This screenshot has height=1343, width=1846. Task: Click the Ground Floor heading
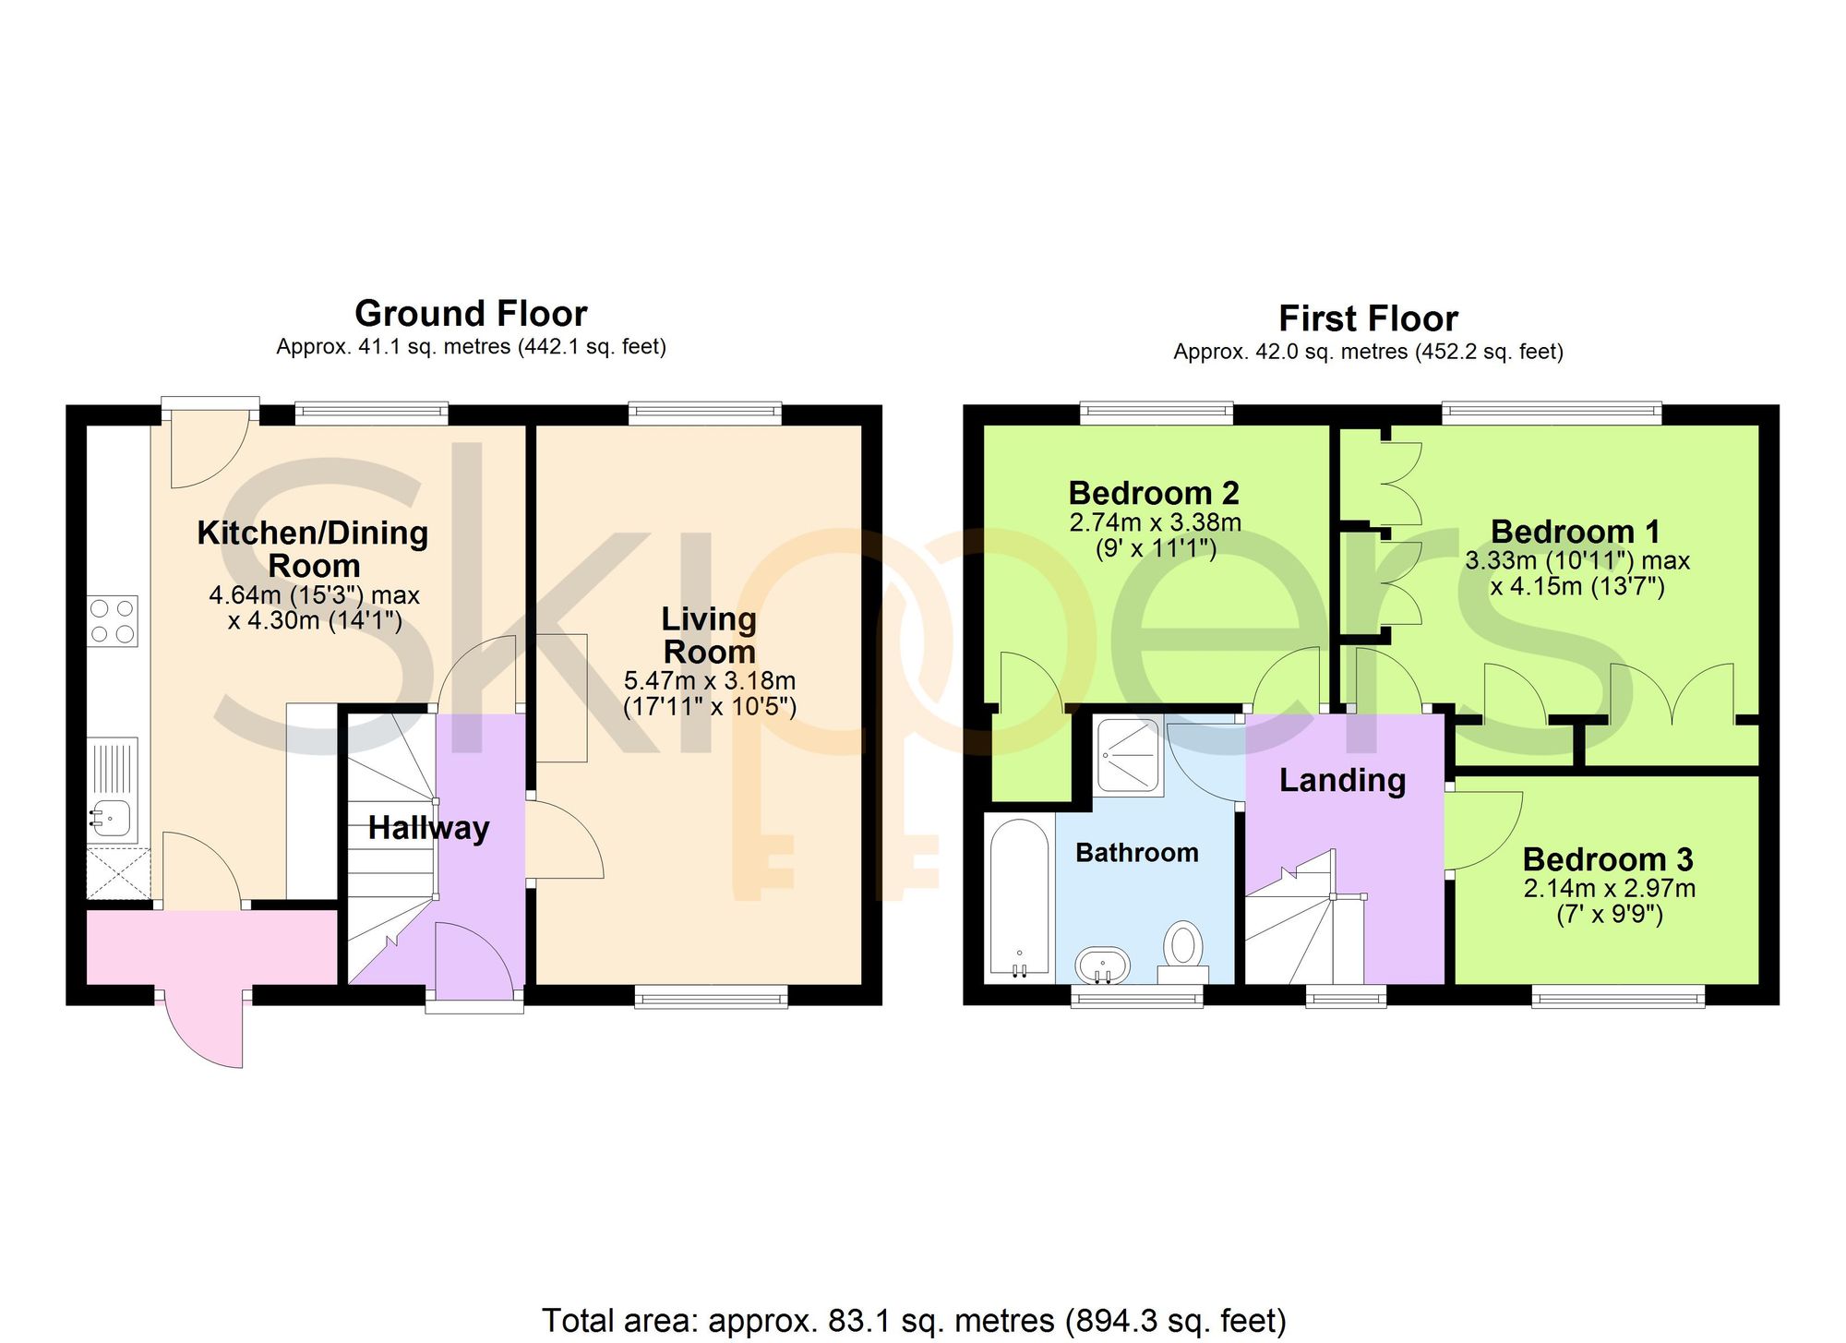tap(471, 314)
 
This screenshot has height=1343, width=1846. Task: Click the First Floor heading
tap(1368, 319)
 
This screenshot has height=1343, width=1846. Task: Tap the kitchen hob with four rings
tap(114, 620)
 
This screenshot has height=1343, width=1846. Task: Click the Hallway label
tap(428, 828)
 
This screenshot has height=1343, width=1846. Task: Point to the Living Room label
tap(709, 635)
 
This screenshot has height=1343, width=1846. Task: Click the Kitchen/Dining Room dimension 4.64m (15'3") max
tap(314, 595)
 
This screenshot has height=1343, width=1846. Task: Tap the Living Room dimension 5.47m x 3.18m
tap(709, 681)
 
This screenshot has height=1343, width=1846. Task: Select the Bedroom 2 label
tap(1154, 493)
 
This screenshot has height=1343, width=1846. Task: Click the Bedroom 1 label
tap(1576, 532)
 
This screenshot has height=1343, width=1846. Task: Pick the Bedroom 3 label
tap(1608, 859)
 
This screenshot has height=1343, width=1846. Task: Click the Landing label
tap(1342, 781)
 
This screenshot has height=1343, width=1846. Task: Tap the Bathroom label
tap(1137, 852)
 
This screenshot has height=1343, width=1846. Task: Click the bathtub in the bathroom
tap(1020, 896)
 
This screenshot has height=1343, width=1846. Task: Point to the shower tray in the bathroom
tap(1128, 758)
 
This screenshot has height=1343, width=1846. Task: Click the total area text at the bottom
tap(914, 1321)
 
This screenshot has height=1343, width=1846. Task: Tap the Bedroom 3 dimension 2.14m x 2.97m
tap(1609, 889)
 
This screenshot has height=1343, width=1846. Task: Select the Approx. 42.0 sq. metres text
tap(1290, 352)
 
